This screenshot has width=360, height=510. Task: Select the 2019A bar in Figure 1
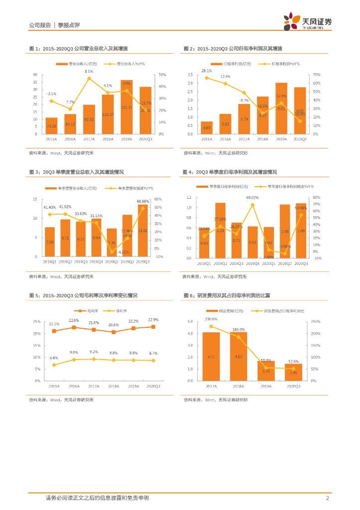coord(126,107)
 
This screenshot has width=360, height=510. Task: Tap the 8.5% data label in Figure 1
coord(89,72)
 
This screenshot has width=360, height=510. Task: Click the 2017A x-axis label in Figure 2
coord(244,139)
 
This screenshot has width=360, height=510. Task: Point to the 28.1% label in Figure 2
coord(206,71)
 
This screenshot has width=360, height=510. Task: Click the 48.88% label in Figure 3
coord(143,201)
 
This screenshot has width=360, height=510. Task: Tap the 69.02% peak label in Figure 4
coord(253,198)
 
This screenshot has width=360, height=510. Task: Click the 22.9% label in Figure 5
coord(153,320)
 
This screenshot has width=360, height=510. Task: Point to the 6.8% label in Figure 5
coord(54,358)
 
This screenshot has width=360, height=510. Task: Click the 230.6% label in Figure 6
coord(211,319)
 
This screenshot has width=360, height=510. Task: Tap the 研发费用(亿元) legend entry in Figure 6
coord(224,310)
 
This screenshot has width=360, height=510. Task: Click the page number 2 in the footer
coord(327,498)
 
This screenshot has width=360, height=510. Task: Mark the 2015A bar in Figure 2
coord(207,128)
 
